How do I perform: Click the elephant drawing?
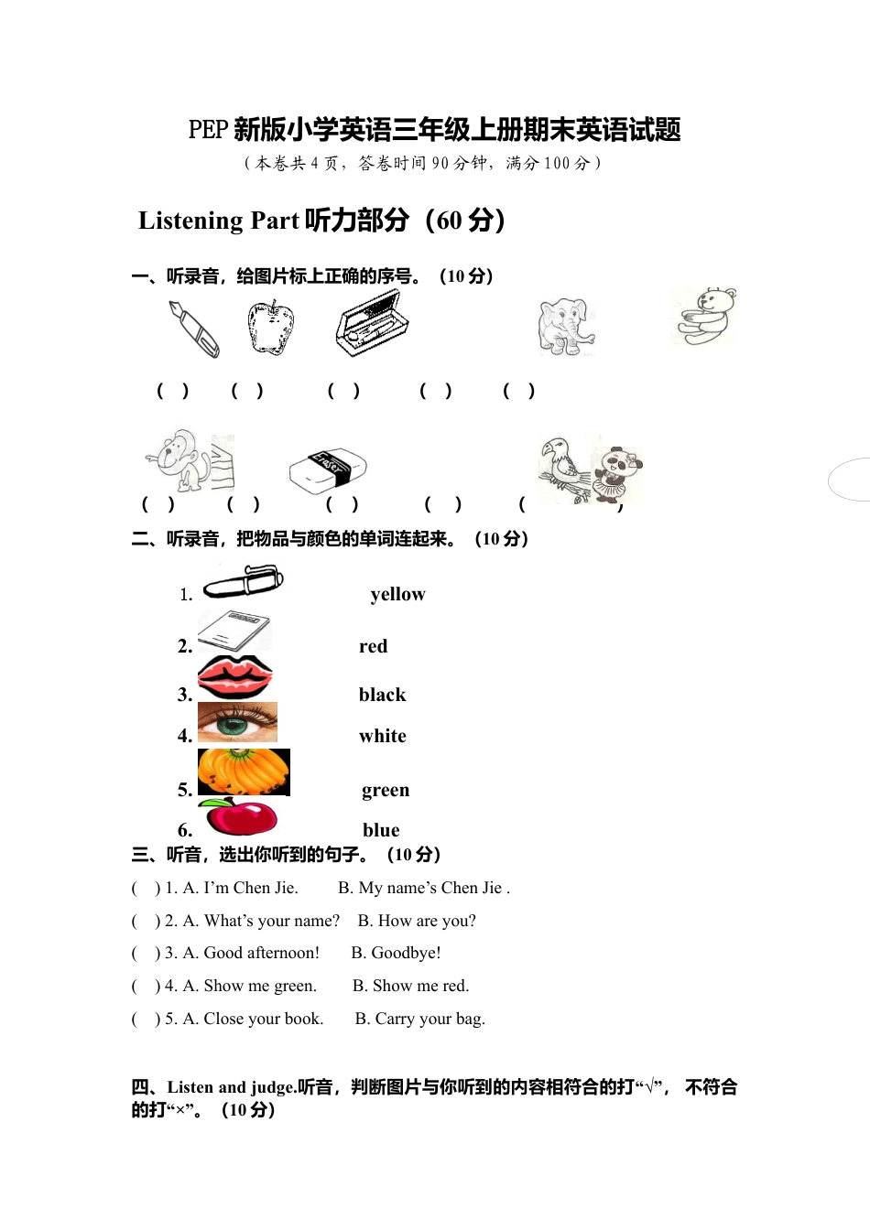(566, 327)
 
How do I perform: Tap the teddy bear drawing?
(704, 317)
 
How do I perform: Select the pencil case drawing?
(371, 323)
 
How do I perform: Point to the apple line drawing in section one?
(270, 328)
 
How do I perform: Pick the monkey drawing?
(176, 459)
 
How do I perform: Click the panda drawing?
(619, 471)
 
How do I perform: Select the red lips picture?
(235, 678)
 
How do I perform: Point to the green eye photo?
(237, 723)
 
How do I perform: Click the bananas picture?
(244, 772)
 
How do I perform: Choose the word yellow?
(397, 594)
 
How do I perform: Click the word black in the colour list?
(382, 695)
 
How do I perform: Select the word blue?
(381, 830)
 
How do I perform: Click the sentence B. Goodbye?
(396, 953)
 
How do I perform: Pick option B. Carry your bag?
(419, 1019)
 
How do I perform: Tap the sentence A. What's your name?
(261, 921)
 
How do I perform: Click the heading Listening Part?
(219, 221)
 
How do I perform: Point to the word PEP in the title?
(207, 130)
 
